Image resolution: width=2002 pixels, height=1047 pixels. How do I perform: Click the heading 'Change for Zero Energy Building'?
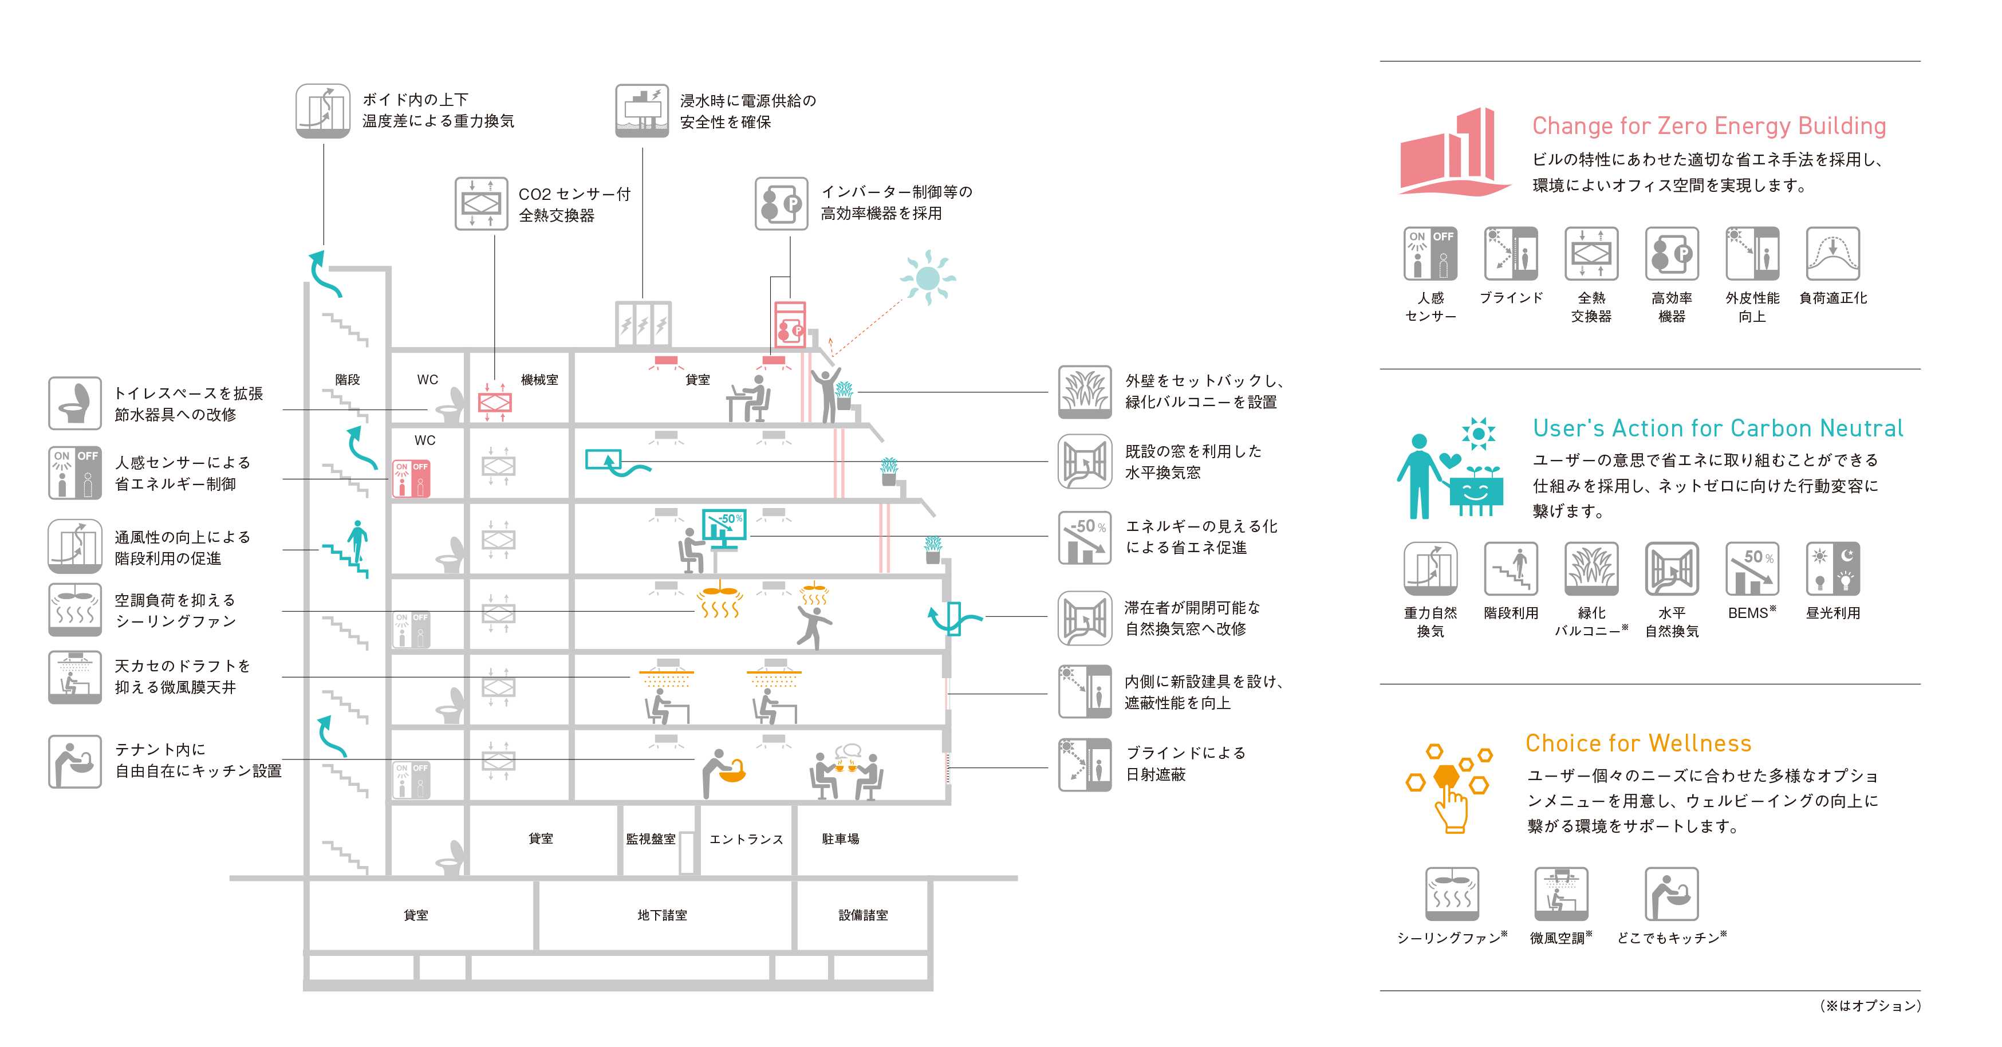[1708, 126]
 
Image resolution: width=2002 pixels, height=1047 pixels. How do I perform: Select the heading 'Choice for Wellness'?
[1638, 743]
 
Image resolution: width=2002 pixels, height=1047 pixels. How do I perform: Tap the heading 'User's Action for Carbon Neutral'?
[1717, 428]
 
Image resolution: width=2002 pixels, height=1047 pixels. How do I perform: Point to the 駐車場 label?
[840, 839]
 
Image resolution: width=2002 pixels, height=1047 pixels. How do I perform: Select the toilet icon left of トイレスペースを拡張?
[74, 403]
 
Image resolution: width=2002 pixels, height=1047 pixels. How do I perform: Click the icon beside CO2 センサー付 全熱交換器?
[481, 204]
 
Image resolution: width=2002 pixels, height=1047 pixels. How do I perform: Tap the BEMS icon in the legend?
[1752, 568]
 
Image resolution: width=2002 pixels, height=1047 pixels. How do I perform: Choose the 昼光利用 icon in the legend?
[1832, 568]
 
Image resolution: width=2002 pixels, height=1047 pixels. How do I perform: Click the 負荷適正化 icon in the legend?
[1832, 253]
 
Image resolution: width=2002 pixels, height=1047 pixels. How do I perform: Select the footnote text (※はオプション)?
[1870, 1006]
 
